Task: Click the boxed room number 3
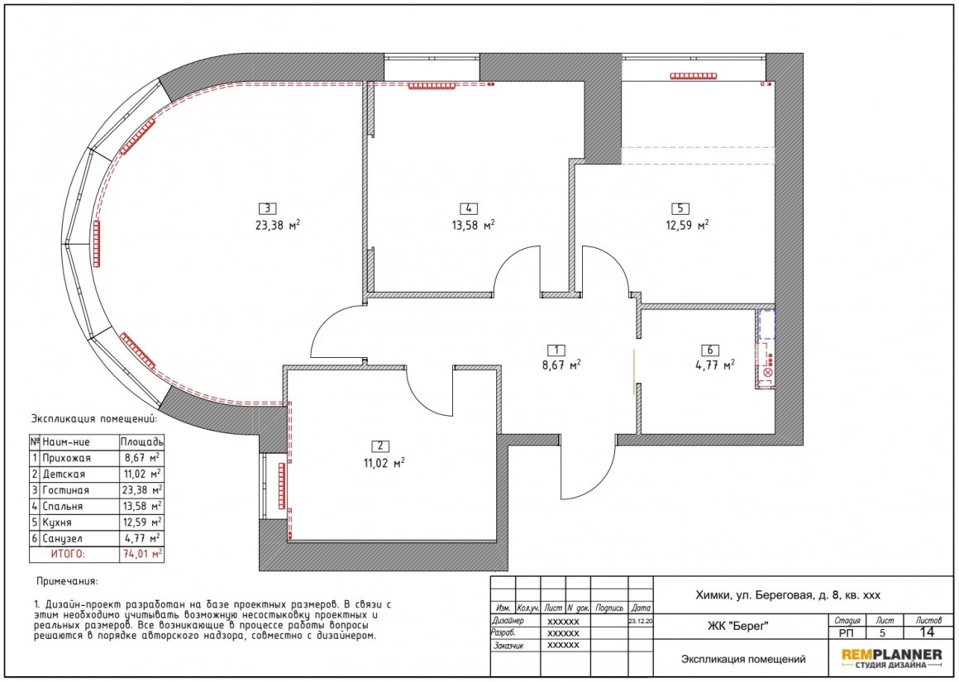pos(267,208)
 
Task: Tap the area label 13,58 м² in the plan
pos(474,225)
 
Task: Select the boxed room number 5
pos(680,208)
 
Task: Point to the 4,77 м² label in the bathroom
pos(715,365)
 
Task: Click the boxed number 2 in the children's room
pos(380,446)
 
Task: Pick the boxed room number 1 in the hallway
pos(556,350)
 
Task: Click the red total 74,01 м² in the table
pos(142,554)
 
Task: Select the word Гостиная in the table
pos(65,490)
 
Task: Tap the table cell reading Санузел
pos(64,539)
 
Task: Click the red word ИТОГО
pos(68,554)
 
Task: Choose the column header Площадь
pos(142,441)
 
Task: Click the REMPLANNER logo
pos(892,658)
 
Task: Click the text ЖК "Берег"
pos(737,626)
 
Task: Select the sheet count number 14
pos(928,632)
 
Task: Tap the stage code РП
pos(847,633)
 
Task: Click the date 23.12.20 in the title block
pos(641,621)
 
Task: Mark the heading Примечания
pos(67,581)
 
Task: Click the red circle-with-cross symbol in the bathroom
pos(768,373)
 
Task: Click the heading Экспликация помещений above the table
pos(94,419)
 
